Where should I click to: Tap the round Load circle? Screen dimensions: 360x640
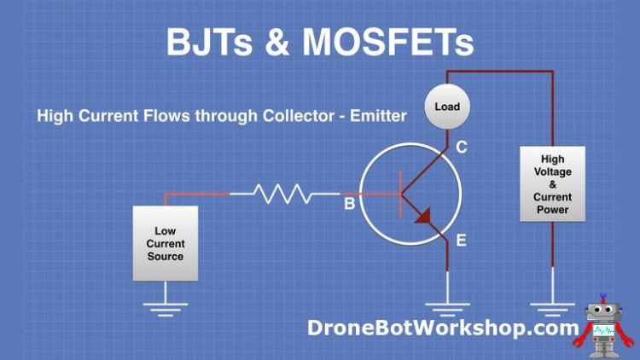click(x=446, y=107)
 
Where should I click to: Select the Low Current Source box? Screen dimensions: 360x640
click(x=166, y=243)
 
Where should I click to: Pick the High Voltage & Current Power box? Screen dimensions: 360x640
click(x=552, y=184)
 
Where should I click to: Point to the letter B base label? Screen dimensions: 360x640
click(x=349, y=205)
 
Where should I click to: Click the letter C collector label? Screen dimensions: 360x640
click(x=461, y=148)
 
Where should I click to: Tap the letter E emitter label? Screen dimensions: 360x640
click(x=461, y=241)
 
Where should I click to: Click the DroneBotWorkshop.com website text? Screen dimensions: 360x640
click(x=443, y=328)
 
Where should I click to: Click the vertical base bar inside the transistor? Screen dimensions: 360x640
click(x=400, y=195)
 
